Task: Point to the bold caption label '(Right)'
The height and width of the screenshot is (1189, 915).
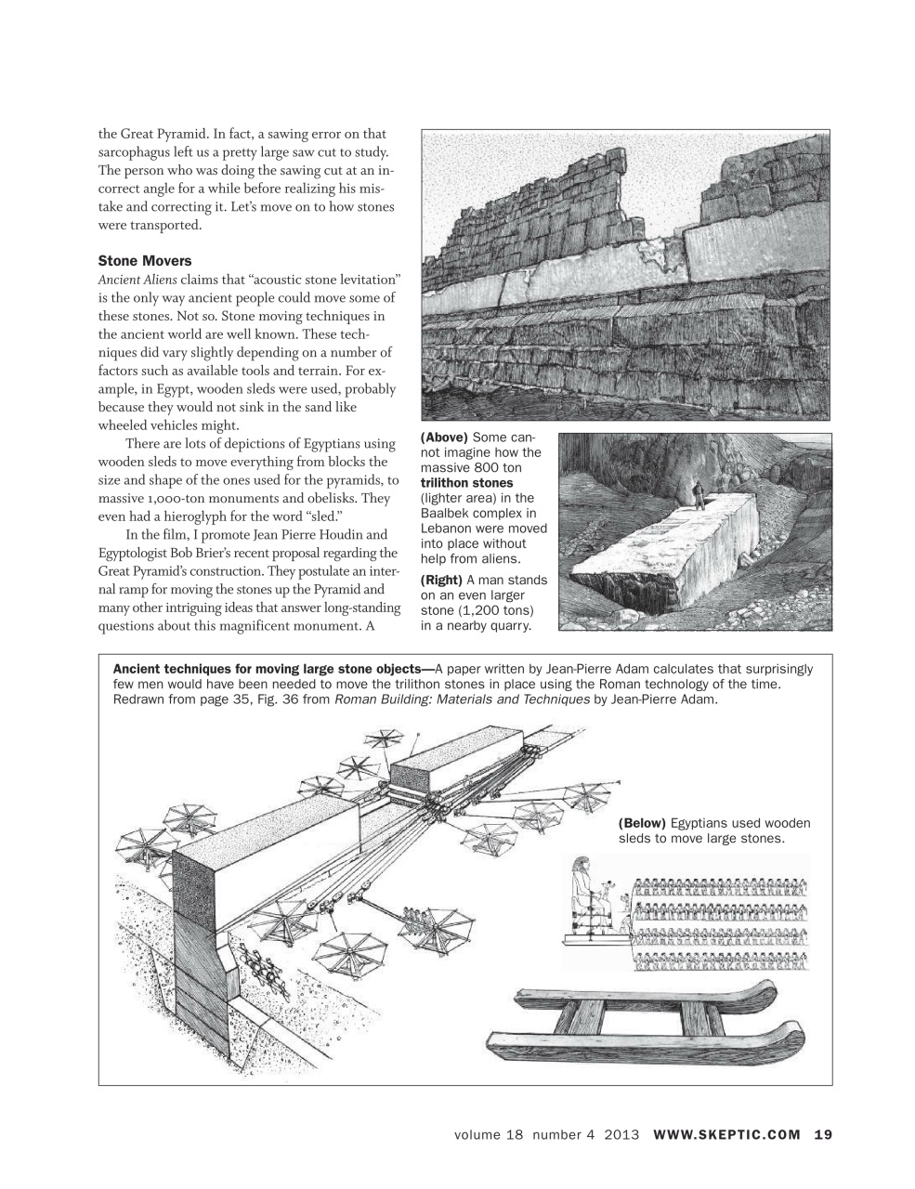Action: [442, 581]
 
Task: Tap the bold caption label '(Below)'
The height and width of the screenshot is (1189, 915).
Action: [641, 823]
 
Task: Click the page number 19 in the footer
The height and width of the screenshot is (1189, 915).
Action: [823, 1134]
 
